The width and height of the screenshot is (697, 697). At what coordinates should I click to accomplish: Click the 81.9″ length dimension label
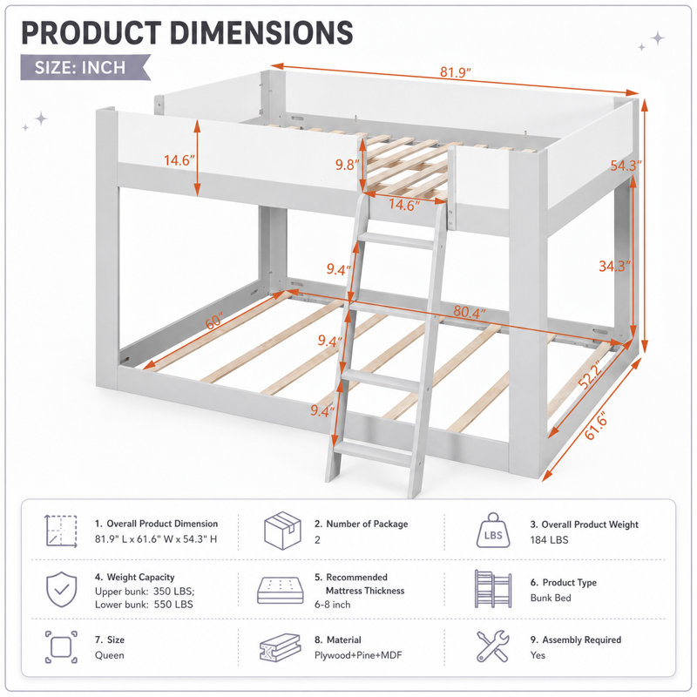pyautogui.click(x=456, y=71)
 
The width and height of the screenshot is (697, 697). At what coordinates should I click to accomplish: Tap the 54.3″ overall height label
pyautogui.click(x=626, y=166)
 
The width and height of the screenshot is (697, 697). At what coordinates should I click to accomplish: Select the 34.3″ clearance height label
pyautogui.click(x=615, y=267)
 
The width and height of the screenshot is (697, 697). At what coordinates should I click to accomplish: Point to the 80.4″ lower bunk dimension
pyautogui.click(x=470, y=312)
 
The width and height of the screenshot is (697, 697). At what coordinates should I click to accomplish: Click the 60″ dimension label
pyautogui.click(x=214, y=321)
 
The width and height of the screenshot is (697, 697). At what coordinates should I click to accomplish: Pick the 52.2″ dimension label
pyautogui.click(x=591, y=375)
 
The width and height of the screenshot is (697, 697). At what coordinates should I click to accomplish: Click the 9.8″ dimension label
pyautogui.click(x=348, y=165)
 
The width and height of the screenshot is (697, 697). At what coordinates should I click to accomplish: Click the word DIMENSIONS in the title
pyautogui.click(x=261, y=33)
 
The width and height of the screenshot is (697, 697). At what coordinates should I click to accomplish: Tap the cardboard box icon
pyautogui.click(x=282, y=531)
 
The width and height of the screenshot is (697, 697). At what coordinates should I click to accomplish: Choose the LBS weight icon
pyautogui.click(x=493, y=531)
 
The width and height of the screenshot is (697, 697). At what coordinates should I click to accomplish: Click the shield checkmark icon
pyautogui.click(x=61, y=590)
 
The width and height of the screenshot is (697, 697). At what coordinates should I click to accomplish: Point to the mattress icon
pyautogui.click(x=281, y=591)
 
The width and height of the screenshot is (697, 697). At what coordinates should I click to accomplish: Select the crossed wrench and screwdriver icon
pyautogui.click(x=492, y=646)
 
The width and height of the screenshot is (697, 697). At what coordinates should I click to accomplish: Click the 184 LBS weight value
pyautogui.click(x=549, y=540)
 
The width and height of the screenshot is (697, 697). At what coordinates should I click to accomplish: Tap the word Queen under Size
pyautogui.click(x=110, y=655)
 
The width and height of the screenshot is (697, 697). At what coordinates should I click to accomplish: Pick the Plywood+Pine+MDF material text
pyautogui.click(x=358, y=655)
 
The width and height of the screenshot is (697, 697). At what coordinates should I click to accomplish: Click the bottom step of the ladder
pyautogui.click(x=374, y=453)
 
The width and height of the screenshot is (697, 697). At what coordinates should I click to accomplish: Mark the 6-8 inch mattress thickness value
pyautogui.click(x=333, y=605)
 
